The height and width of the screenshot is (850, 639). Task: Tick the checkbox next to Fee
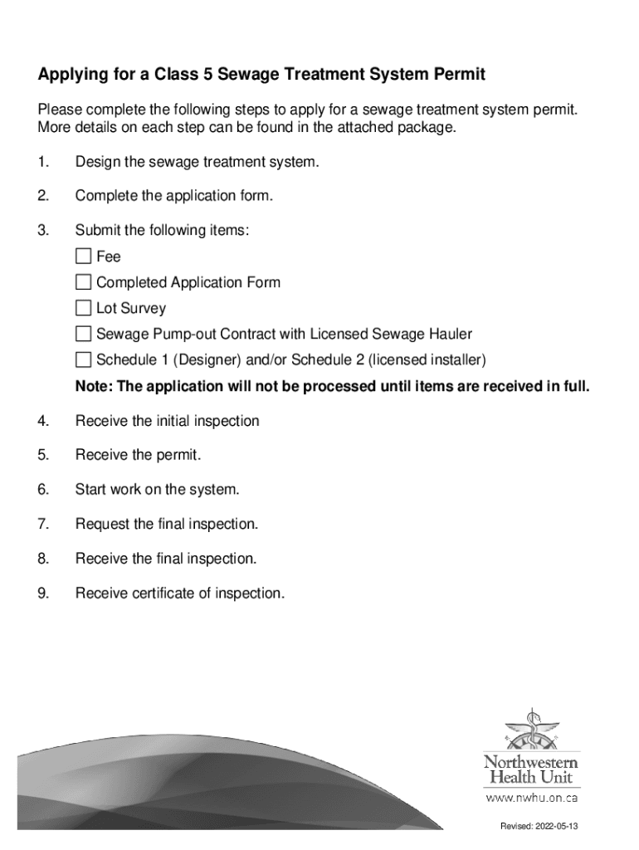[x=83, y=256]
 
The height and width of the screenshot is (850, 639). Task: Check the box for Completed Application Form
[x=83, y=282]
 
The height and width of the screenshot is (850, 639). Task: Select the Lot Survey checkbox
[x=83, y=308]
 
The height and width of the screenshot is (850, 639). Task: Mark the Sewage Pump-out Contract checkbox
[x=83, y=335]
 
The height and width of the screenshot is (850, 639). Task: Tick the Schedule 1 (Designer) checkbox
[x=83, y=360]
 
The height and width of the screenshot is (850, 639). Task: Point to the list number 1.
[x=42, y=162]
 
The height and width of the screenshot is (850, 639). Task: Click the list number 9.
[x=42, y=594]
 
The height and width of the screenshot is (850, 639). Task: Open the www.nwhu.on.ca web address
[x=531, y=799]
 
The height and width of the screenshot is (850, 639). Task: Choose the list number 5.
[x=42, y=456]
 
